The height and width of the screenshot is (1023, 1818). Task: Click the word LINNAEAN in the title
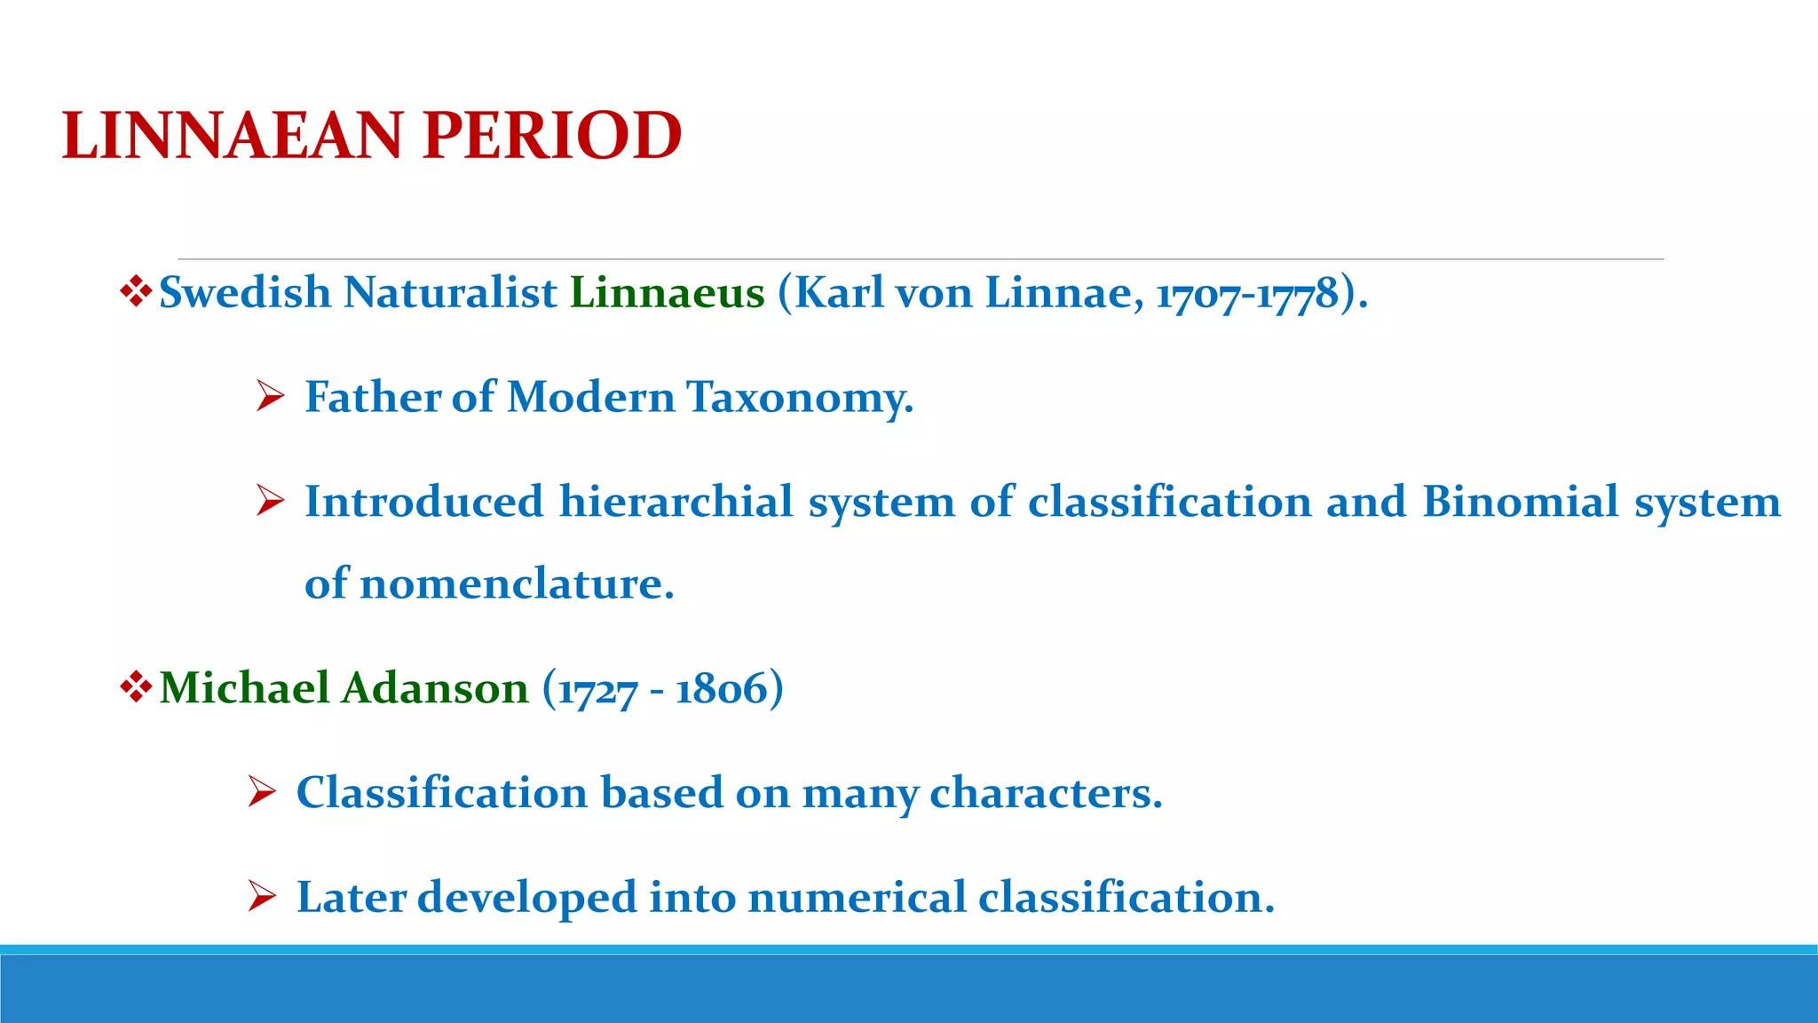click(x=233, y=137)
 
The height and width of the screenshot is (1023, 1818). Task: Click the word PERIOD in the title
click(x=551, y=137)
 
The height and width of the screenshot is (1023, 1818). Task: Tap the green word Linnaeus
click(x=667, y=293)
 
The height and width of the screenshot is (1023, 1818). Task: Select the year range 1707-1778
click(x=1246, y=294)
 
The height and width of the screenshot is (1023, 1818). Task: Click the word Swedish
click(x=244, y=293)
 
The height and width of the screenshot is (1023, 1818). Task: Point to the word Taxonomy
click(x=799, y=397)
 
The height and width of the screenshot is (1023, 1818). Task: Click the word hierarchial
click(x=676, y=502)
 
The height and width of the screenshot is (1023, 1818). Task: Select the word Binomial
click(x=1521, y=502)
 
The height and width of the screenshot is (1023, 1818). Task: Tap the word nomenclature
click(x=516, y=584)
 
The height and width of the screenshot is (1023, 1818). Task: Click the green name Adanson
click(x=435, y=688)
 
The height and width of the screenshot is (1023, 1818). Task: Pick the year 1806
click(x=721, y=689)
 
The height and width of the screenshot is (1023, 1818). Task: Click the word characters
click(x=1045, y=793)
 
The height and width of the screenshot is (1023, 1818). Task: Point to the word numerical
click(x=857, y=897)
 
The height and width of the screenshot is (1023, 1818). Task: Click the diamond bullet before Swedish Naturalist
click(x=135, y=292)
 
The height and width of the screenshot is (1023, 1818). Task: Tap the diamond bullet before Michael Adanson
click(x=135, y=687)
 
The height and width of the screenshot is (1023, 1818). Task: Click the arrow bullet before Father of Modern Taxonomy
click(x=269, y=397)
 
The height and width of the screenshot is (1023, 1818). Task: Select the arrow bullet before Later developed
click(x=262, y=897)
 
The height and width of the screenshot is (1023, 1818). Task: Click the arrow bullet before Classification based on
click(x=262, y=792)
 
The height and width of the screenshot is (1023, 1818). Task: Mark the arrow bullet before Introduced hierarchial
click(x=269, y=502)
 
